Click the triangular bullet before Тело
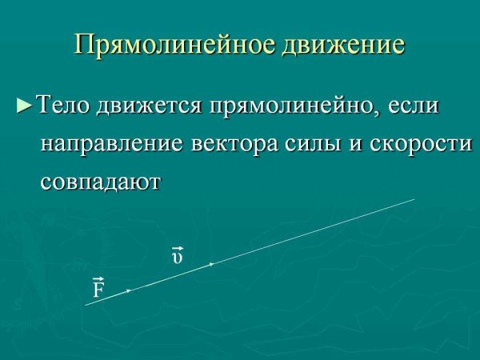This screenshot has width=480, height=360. (25, 106)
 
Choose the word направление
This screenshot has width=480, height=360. (112, 145)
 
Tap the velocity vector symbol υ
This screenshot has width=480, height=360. (178, 256)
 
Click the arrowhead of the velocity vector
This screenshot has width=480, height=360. (211, 263)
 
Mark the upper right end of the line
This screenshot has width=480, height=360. (414, 199)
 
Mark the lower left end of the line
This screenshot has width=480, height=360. (86, 304)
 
